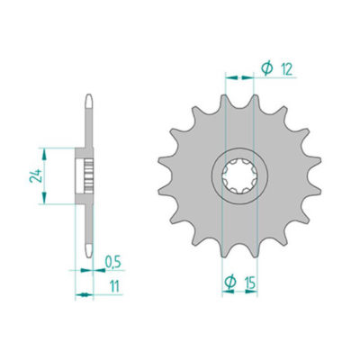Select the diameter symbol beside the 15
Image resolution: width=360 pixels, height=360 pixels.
tap(230, 284)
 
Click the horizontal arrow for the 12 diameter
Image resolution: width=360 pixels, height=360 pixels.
tap(239, 77)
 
